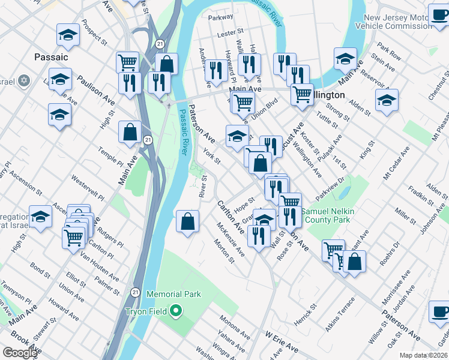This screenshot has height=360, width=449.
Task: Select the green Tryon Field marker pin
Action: (176, 311)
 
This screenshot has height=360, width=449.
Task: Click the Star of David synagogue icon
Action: (24, 80)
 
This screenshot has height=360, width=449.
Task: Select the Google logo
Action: (20, 352)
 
